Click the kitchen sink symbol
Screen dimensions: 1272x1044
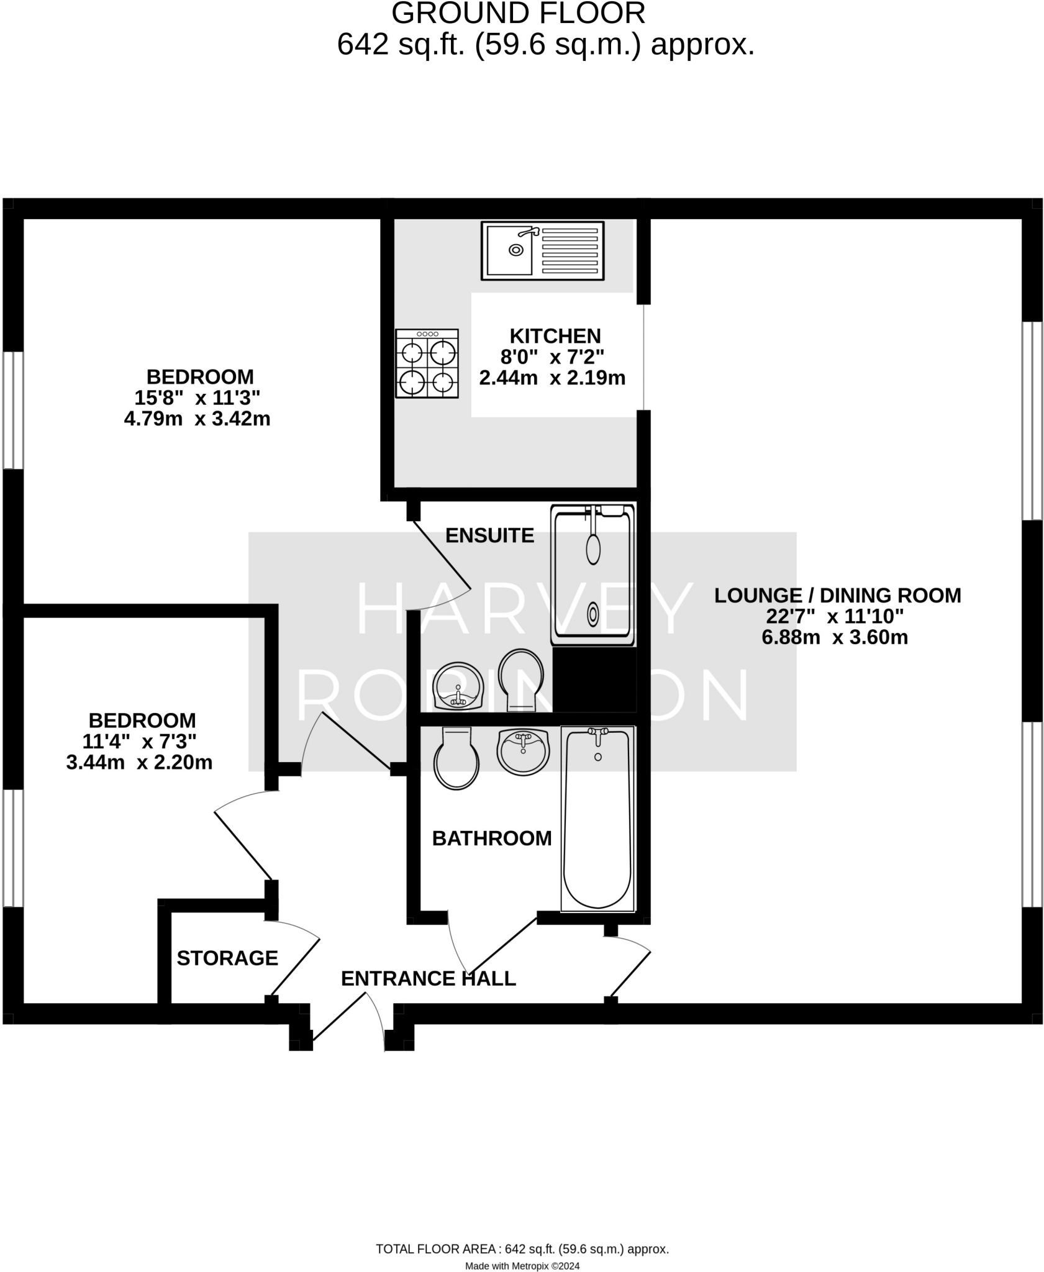pos(542,250)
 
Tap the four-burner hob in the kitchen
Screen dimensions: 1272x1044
pos(427,363)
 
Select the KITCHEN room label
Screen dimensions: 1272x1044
pos(555,336)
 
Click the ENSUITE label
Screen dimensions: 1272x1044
pos(489,535)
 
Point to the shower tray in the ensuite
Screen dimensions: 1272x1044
pos(592,575)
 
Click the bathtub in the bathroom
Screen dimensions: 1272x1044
pos(597,818)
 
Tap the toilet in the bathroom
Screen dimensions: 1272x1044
pos(457,758)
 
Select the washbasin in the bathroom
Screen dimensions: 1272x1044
pos(523,752)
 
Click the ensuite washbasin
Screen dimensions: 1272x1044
pos(458,686)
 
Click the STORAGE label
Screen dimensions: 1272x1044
pos(227,958)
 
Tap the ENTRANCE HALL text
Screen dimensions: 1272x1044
pos(428,979)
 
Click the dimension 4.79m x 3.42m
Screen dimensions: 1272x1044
pos(197,419)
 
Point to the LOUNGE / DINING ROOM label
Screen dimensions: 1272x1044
pos(837,595)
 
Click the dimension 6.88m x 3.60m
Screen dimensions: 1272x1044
pos(834,637)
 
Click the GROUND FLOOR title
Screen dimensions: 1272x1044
pos(518,13)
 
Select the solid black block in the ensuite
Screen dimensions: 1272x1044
pos(594,679)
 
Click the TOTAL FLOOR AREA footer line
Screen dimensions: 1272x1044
pos(522,1249)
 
